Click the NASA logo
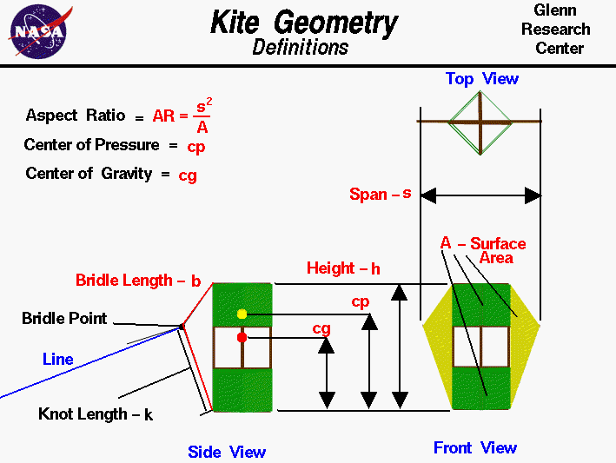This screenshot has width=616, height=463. point(37,32)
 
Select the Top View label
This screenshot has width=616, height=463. point(481,79)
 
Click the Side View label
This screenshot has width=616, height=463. point(227,452)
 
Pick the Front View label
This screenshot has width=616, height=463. point(475,448)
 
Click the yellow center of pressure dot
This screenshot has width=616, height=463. point(242,314)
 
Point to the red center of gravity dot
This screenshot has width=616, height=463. point(242,337)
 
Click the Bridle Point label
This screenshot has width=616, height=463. point(64,319)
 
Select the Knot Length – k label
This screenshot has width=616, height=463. point(96,414)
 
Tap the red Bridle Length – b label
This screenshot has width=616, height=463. point(138,281)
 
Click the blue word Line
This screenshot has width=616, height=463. point(58,359)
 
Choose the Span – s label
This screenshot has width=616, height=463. point(380,194)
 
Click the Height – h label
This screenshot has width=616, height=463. point(343,268)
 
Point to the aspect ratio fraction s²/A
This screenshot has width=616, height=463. point(202,116)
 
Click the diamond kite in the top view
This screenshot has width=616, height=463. point(480,122)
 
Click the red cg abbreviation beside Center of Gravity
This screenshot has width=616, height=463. point(188,175)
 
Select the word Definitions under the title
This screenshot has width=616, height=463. point(301,47)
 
